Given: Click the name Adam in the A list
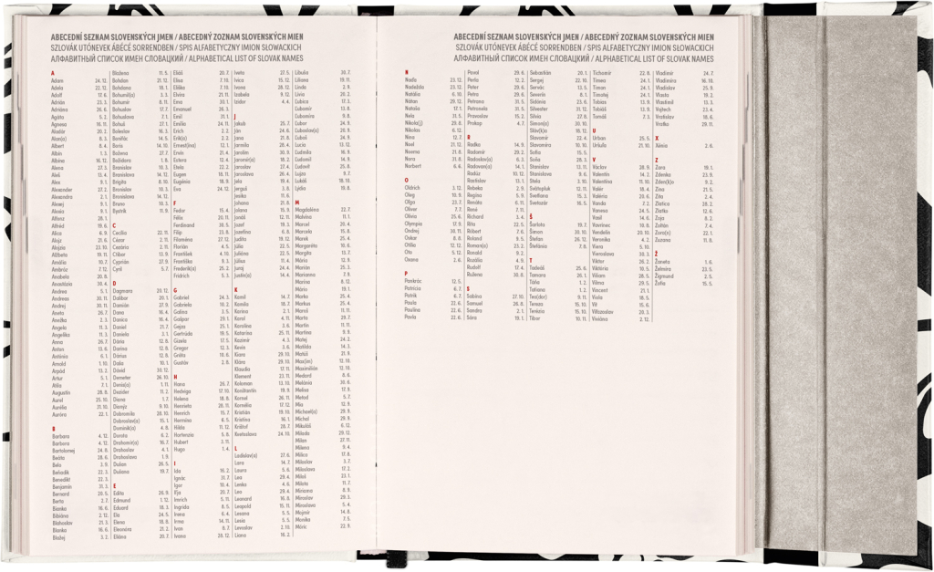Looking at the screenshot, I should pos(57,80).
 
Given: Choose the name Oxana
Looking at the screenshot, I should pos(411,260).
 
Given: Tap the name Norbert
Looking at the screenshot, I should pos(414,166).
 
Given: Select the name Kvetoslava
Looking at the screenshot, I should pos(251,434).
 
